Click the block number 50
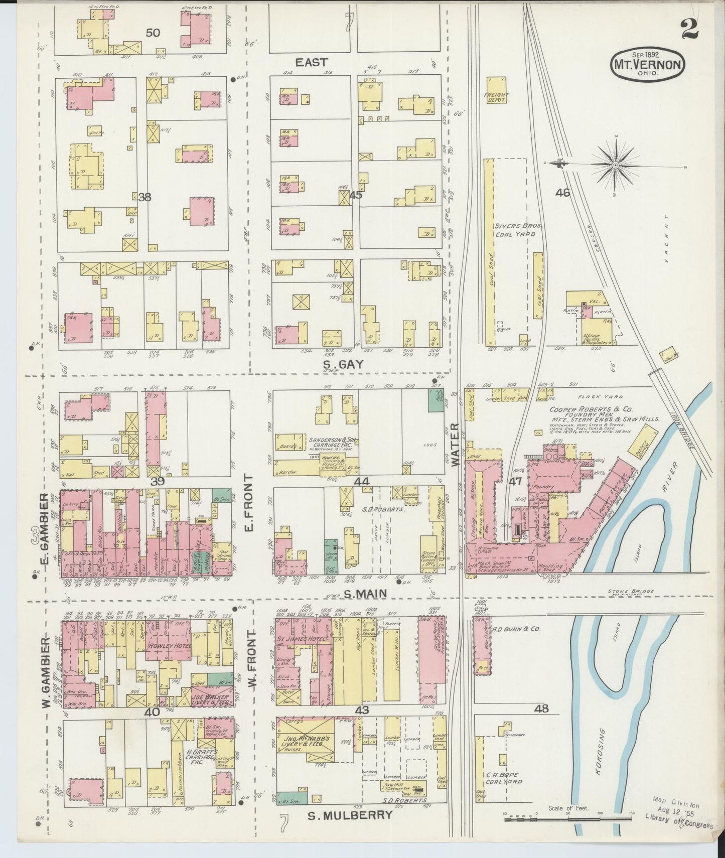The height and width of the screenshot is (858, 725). [153, 33]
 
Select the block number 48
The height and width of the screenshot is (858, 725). [541, 709]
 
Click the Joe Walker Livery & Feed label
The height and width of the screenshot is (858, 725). [210, 700]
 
